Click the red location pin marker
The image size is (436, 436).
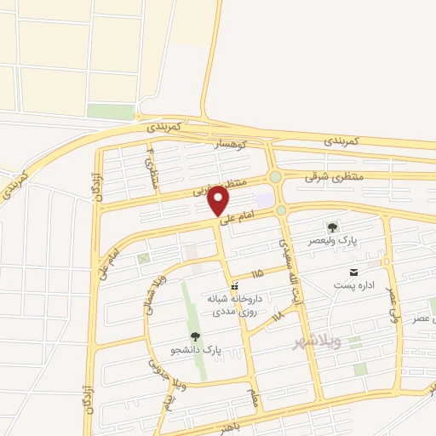coord(219,201)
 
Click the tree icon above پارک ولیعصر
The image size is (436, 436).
coord(332,227)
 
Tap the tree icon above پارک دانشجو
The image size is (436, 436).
coord(197,337)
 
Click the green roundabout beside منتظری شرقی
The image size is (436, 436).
coord(275,176)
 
